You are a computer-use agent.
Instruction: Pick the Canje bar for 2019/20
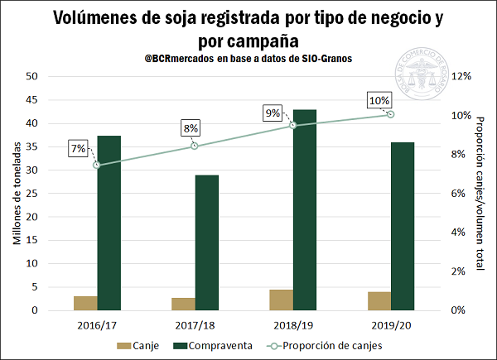click(379, 301)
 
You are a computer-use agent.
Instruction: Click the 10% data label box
click(379, 101)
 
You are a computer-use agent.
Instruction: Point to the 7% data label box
click(79, 149)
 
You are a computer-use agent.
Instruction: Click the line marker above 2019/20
click(391, 114)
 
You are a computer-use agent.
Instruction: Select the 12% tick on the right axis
click(461, 76)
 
